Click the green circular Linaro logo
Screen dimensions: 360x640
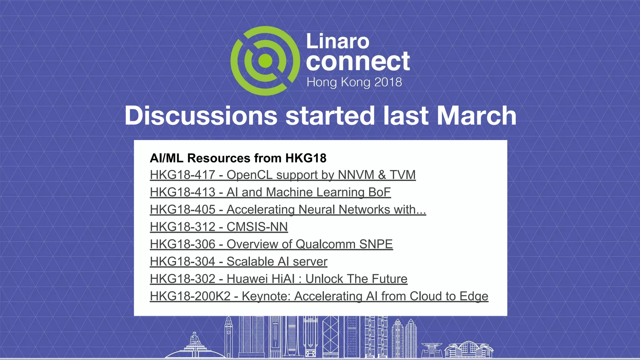pyautogui.click(x=265, y=61)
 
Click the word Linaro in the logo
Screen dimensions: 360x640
pyautogui.click(x=337, y=41)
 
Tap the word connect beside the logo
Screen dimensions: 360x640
pyautogui.click(x=358, y=61)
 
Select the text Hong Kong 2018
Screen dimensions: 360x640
pyautogui.click(x=354, y=82)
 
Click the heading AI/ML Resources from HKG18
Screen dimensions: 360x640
pyautogui.click(x=238, y=158)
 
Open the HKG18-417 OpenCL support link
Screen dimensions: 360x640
pyautogui.click(x=282, y=175)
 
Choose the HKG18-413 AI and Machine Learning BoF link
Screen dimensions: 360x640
pyautogui.click(x=270, y=192)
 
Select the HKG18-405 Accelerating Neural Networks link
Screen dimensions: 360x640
pyautogui.click(x=287, y=210)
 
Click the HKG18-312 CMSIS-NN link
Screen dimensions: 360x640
pyautogui.click(x=219, y=227)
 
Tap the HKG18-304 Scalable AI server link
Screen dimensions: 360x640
pyautogui.click(x=238, y=262)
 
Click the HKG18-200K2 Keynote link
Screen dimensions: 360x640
pyautogui.click(x=319, y=296)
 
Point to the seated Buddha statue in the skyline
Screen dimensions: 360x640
pyautogui.click(x=195, y=339)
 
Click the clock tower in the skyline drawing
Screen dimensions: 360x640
pyautogui.click(x=228, y=336)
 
